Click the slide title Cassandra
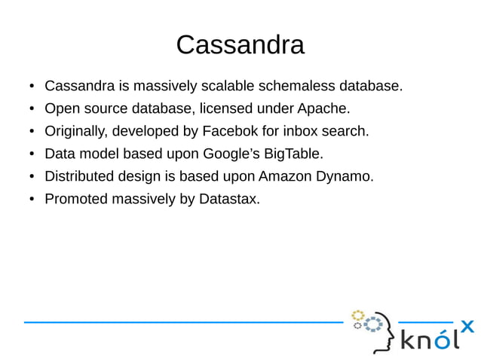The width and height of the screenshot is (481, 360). [240, 45]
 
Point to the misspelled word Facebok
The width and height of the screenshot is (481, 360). [229, 132]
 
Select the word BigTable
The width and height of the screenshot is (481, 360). [298, 154]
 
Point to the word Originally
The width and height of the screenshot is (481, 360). [76, 132]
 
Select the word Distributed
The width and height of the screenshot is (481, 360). [81, 177]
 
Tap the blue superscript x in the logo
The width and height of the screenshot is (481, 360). [467, 326]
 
